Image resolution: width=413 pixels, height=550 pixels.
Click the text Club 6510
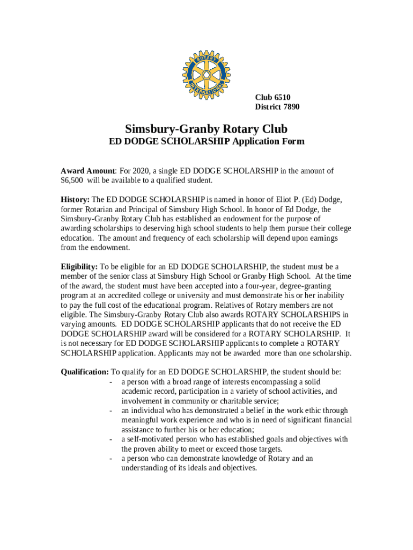point(272,97)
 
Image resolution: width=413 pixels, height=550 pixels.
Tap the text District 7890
point(277,107)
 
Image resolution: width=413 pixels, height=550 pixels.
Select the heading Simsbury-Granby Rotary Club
point(206,129)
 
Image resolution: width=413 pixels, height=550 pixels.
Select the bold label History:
point(75,200)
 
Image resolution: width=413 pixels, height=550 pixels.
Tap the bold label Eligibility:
point(79,266)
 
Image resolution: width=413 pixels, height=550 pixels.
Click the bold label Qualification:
point(85,372)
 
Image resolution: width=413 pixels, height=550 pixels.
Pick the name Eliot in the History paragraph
point(274,200)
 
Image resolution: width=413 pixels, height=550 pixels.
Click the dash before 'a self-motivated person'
point(110,439)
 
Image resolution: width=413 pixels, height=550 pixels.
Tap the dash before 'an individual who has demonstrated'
point(110,410)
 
